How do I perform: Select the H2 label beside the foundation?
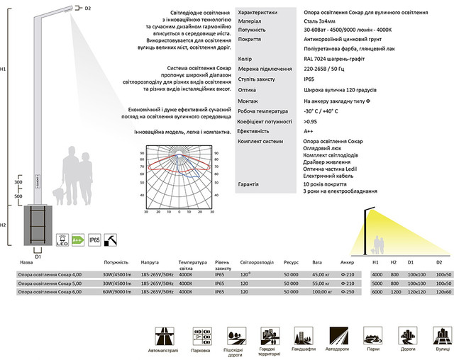coord(4,225)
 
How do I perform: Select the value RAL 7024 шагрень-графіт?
coord(327,59)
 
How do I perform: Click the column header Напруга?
coord(150,261)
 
